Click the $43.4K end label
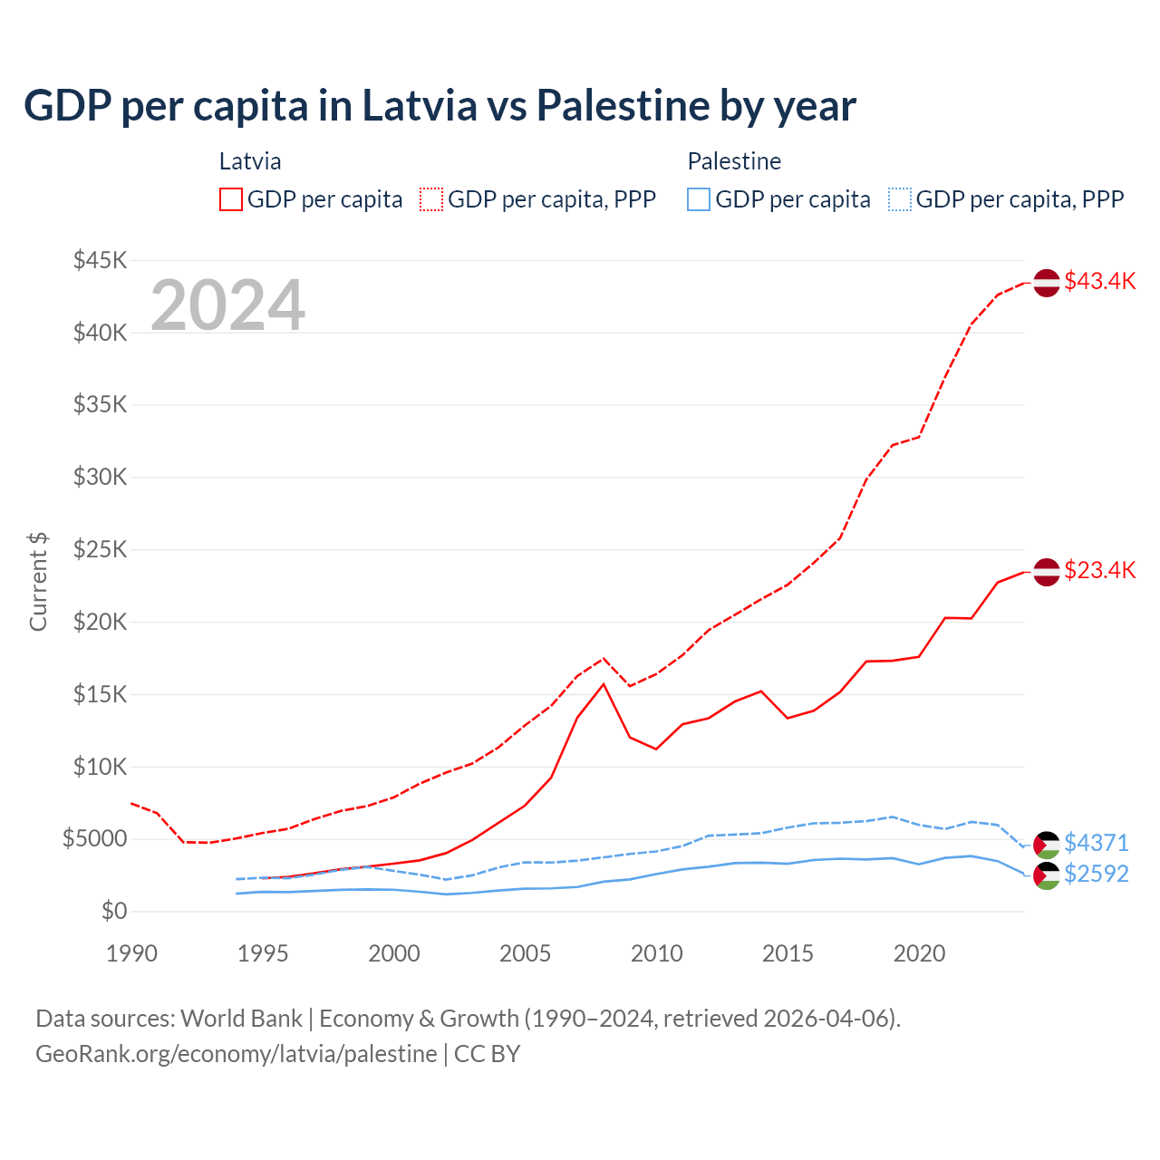pos(1099,281)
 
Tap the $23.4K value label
pos(1099,570)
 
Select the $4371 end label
pos(1097,843)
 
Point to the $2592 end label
pos(1097,874)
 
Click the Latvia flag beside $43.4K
pos(1047,283)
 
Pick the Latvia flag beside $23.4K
pos(1047,572)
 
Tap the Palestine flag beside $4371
pos(1047,845)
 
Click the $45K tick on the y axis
pos(100,261)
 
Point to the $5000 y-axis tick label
pos(94,839)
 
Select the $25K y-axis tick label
pos(100,550)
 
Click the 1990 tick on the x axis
pos(131,953)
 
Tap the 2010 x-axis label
pos(657,953)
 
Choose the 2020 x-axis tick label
pos(919,953)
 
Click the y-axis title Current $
pos(38,582)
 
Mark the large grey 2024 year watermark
pos(227,305)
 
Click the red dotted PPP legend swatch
pos(432,199)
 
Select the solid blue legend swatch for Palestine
pos(699,199)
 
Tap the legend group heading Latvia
pos(250,161)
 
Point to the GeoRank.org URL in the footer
pos(236,1054)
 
